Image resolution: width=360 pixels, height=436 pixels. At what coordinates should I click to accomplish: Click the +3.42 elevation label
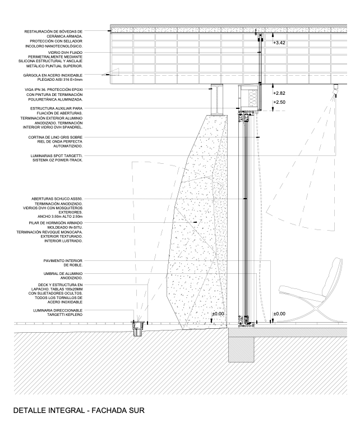tap(279, 43)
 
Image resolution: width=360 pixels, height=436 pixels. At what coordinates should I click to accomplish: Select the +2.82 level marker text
tap(279, 93)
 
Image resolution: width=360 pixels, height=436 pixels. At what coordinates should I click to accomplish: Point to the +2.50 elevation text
tap(279, 102)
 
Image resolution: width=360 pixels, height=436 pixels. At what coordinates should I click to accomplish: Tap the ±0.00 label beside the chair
tap(279, 314)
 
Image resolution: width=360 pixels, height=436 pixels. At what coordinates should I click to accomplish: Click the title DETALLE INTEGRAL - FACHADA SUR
tap(79, 411)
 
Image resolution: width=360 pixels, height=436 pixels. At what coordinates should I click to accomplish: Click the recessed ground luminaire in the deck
tap(137, 328)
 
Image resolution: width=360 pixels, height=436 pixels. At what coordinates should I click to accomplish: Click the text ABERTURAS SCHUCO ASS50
tap(57, 199)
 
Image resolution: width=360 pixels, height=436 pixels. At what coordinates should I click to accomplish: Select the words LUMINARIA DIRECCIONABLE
tap(57, 310)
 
